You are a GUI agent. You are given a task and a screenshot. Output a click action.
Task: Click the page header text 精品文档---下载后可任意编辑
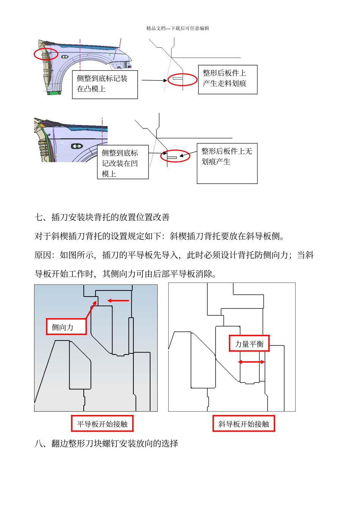pos(178,28)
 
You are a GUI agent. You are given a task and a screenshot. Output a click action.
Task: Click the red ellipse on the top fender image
pos(46,54)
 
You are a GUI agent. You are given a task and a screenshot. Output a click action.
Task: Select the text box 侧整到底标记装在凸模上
pos(105,84)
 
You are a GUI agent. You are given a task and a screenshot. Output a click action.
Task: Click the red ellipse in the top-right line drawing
pos(182,80)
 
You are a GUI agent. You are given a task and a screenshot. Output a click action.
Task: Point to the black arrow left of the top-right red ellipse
pos(154,80)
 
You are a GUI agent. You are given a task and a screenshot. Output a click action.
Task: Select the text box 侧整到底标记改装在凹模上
pos(122,162)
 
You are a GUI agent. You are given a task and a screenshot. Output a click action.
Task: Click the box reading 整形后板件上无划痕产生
pos(227,163)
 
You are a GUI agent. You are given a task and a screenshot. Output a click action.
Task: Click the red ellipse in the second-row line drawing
pos(175,156)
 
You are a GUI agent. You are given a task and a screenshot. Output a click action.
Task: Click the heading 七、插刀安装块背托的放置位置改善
pos(102,217)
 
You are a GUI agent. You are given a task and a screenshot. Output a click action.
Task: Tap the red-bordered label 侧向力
pos(66,327)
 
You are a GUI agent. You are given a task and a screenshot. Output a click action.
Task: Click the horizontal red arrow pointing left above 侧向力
pos(118,301)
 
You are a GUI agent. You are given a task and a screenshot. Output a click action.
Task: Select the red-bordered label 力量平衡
pos(249,343)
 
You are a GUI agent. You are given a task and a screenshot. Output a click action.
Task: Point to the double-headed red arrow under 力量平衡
pos(251,362)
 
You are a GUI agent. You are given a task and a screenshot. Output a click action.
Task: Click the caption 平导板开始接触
pos(102,424)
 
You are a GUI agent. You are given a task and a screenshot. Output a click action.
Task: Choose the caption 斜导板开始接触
pos(244,424)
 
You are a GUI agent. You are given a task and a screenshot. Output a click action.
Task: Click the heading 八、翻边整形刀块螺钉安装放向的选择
pos(106,443)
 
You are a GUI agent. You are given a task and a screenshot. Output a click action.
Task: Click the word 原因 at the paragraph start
pos(43,255)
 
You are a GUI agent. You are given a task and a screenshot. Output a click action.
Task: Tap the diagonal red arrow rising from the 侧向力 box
pos(91,310)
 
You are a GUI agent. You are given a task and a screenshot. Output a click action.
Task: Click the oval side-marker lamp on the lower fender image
pos(77,146)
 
